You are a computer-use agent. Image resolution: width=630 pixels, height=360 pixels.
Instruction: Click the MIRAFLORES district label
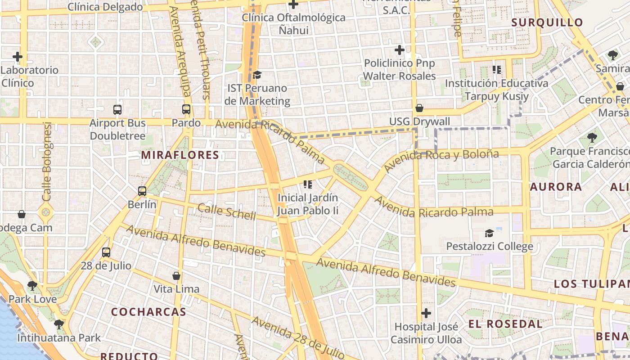180,155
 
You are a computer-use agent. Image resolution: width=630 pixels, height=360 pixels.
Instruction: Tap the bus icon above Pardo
186,109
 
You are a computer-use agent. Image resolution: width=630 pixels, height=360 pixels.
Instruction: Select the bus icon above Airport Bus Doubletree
117,109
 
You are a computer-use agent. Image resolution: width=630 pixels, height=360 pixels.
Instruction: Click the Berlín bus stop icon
142,191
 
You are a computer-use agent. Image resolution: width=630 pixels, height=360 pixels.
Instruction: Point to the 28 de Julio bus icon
106,252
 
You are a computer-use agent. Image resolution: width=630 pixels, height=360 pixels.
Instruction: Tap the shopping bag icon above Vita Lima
176,275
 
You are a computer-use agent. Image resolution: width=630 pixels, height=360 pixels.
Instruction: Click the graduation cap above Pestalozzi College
489,233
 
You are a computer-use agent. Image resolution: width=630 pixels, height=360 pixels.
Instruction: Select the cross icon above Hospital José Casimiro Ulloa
426,313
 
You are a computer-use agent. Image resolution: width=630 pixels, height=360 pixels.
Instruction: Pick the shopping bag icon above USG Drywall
419,108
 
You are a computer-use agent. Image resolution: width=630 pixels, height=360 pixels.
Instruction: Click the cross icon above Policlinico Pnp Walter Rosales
399,50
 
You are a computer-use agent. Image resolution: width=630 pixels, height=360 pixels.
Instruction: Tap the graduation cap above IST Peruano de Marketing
257,75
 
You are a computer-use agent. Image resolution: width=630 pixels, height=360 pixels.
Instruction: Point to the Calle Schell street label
227,211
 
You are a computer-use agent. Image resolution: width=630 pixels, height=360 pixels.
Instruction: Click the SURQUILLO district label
547,22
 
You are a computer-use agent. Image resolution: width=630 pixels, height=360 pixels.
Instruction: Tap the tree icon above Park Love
32,285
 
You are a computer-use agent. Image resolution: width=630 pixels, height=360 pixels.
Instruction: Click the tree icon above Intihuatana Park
58,324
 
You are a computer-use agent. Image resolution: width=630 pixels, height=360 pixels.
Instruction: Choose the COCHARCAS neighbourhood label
148,312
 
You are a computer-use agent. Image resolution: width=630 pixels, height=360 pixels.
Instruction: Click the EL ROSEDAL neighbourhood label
505,324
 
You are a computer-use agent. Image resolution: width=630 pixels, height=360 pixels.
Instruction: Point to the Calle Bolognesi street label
47,162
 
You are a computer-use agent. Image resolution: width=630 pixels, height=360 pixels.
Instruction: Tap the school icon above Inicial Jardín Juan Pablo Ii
308,184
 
